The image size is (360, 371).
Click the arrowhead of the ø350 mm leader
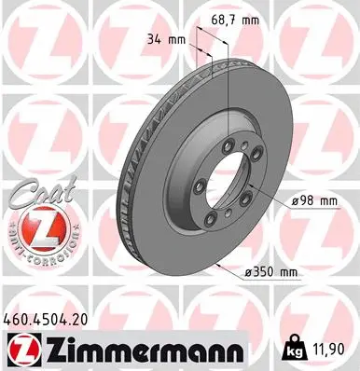(216, 266)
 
